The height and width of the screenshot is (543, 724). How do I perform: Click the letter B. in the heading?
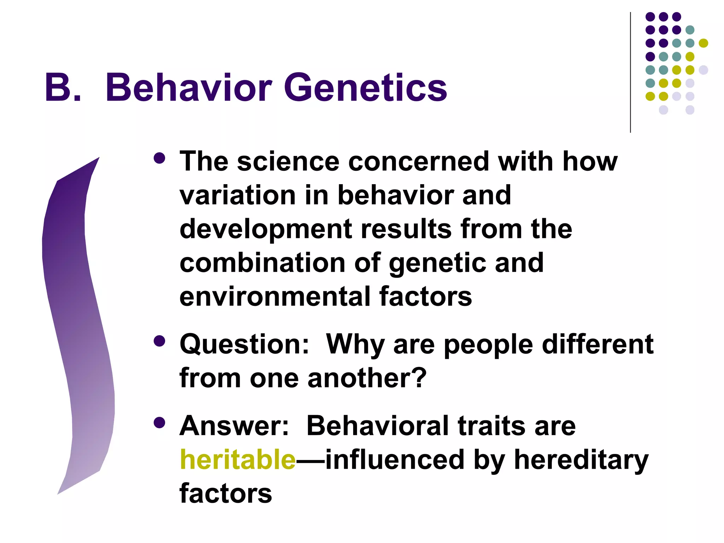coord(63,88)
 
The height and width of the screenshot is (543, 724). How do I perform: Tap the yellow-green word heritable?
coord(238,460)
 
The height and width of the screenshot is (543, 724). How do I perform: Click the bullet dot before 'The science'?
coord(160,158)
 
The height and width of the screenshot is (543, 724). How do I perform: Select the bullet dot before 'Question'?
coord(160,341)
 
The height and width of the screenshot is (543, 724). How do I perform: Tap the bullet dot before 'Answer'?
coord(160,422)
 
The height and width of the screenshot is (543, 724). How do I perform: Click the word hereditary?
coord(581,460)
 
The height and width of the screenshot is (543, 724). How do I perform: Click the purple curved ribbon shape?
coord(78,318)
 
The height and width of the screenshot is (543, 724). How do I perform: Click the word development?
coord(265,229)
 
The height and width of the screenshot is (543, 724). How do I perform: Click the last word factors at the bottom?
coord(226,494)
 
